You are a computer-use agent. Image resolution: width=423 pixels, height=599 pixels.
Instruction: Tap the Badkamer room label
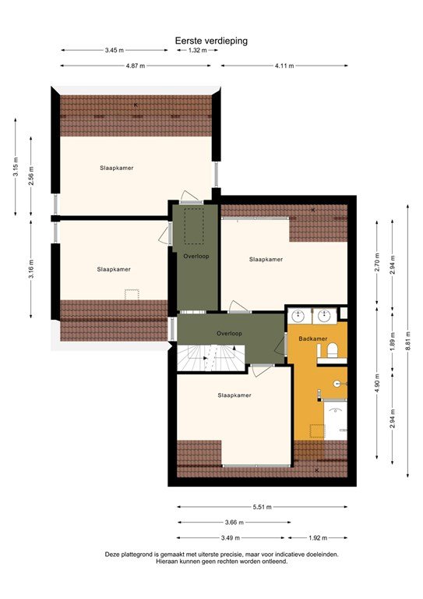coord(312,338)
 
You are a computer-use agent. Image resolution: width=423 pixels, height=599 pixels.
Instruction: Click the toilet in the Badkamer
coord(332,353)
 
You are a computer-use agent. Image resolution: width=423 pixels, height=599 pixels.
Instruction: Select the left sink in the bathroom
coord(298,315)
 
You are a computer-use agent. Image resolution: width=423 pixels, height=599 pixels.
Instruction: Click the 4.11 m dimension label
coord(284,66)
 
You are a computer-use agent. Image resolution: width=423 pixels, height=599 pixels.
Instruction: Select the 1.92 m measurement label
coord(316,537)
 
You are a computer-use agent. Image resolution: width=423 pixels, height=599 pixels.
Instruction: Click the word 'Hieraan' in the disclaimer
coord(168,561)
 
